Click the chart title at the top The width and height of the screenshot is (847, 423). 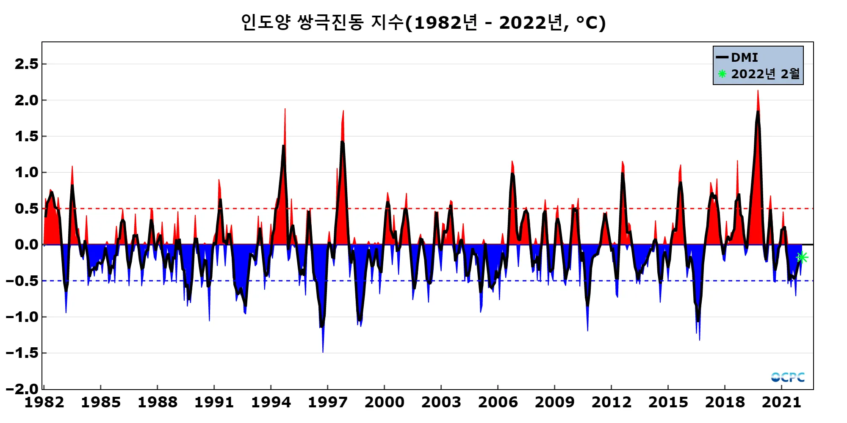coord(423,23)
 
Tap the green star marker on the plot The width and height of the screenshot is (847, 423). coord(802,257)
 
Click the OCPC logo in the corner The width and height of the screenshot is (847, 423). coord(788,377)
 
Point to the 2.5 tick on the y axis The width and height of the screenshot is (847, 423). coord(26,64)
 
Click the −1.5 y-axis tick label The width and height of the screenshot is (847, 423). coord(22,353)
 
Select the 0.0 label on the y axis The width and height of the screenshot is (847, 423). coord(26,244)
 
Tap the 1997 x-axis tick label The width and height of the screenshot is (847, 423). coord(327,402)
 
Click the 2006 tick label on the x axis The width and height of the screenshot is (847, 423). coord(498,402)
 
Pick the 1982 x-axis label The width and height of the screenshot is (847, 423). coord(44,402)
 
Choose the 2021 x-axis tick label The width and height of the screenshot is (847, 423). coord(781,402)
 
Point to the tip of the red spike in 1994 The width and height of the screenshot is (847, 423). coord(285,109)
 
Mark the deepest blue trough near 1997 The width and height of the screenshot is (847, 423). coord(323,352)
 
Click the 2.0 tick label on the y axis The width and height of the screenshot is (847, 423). coord(26,100)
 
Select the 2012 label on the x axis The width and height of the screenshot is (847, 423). coord(611,402)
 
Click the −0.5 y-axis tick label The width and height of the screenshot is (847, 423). coord(22,281)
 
